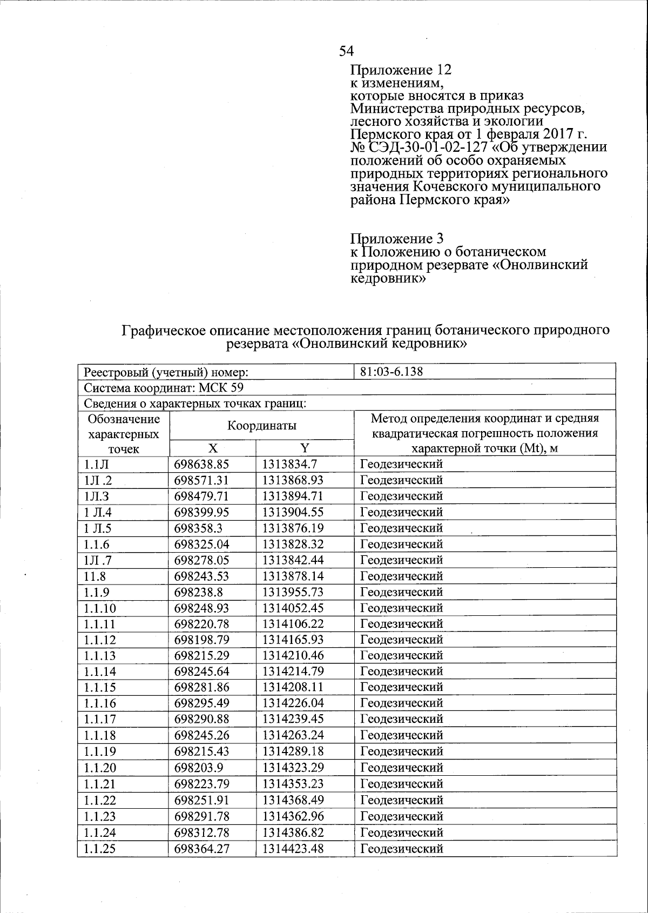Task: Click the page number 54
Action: pos(346,51)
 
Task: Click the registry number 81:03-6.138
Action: pos(391,372)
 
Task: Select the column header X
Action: pos(213,448)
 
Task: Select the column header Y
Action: pos(305,448)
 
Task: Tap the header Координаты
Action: pos(261,426)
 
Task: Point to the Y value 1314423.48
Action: pos(293,849)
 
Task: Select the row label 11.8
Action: pos(95,576)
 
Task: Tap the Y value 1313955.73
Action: pos(293,592)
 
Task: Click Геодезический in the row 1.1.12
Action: pos(401,640)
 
